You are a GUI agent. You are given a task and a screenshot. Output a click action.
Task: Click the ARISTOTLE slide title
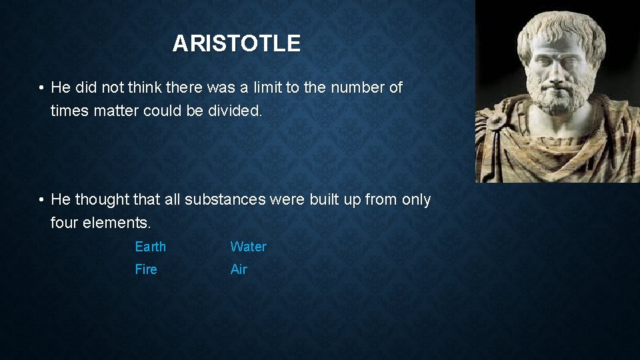tap(236, 44)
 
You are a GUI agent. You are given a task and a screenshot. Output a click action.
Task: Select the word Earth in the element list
tap(150, 247)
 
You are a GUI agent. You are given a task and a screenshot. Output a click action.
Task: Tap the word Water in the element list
tap(248, 247)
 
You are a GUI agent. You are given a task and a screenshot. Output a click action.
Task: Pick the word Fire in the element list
tap(146, 269)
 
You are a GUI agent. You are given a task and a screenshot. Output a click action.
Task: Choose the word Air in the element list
tap(239, 269)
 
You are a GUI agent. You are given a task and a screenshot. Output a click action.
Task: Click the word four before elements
tap(65, 223)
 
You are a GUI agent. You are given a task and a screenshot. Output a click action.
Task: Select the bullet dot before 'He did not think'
tap(41, 88)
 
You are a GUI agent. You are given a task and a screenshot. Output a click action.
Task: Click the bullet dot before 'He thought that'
tap(41, 199)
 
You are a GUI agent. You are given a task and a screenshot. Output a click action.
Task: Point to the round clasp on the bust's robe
tap(495, 121)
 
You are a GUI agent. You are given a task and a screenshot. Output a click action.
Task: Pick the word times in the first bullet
tap(69, 111)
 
